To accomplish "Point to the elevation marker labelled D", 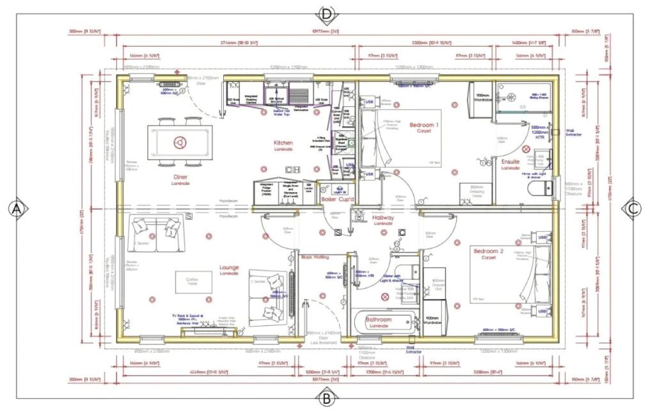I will (x=327, y=13).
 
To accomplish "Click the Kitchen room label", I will (x=283, y=143).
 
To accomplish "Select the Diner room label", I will (x=180, y=178).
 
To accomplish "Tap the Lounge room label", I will (x=229, y=268).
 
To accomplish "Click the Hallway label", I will (x=383, y=219).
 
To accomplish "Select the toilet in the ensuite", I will (x=541, y=188).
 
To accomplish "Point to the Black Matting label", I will (x=315, y=257).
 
